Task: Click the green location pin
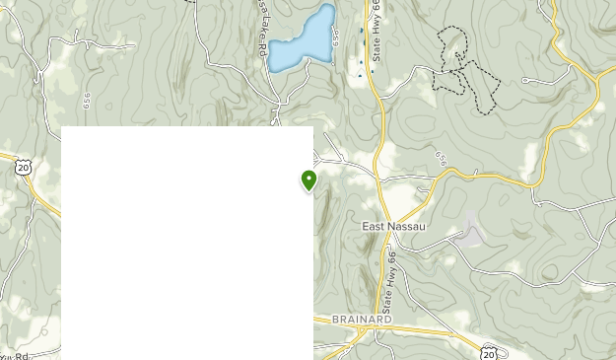[x=309, y=180]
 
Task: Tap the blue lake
[x=303, y=39]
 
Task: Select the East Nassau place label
[x=393, y=226]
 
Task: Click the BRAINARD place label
[x=362, y=320]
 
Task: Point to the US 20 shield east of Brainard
[x=489, y=352]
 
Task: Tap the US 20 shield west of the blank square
[x=23, y=168]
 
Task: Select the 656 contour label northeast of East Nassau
[x=441, y=158]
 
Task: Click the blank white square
[x=187, y=243]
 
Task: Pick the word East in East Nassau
[x=372, y=226]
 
